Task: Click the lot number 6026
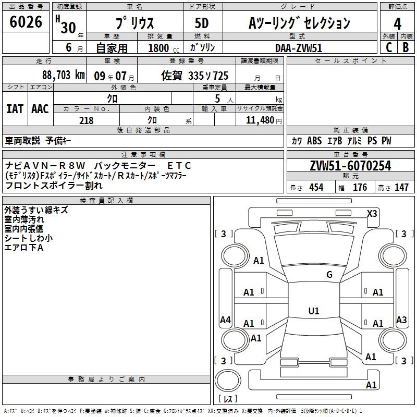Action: pos(26,22)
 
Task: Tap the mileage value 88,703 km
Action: pos(64,75)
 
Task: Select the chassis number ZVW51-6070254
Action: pos(350,166)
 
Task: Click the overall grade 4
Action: pos(397,24)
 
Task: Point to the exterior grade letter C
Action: pos(389,47)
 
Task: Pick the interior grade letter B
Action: pos(406,47)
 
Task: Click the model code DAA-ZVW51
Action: pos(299,48)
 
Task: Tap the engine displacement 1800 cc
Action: pos(164,48)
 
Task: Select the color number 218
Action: pos(87,120)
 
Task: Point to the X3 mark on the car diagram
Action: pos(372,214)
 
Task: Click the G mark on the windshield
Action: pos(329,275)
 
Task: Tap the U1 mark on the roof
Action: pos(314,311)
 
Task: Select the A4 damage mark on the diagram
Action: pos(225,320)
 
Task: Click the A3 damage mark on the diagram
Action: pos(401,320)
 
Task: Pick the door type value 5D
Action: pos(202,23)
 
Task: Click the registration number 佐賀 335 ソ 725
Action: pos(194,76)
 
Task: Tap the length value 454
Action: pos(316,187)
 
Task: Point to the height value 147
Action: pos(401,187)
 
